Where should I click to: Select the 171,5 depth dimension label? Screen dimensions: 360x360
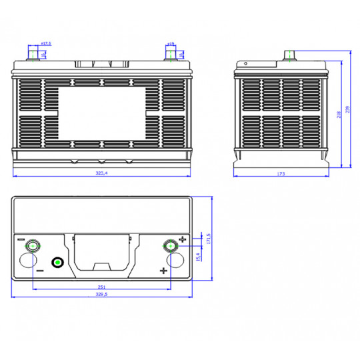click(x=209, y=239)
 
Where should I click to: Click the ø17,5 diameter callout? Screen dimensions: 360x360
click(x=45, y=43)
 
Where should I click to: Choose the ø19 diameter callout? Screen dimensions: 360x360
click(x=171, y=43)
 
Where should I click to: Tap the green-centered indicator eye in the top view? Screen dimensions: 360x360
click(x=58, y=263)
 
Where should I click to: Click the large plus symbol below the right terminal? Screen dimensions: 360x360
click(x=163, y=270)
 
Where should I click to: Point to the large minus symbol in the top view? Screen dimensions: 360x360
click(x=39, y=271)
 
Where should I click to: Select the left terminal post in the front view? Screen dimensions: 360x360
click(x=33, y=54)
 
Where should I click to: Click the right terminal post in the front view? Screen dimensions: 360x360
click(x=171, y=54)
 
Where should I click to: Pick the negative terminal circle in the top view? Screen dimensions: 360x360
click(x=32, y=246)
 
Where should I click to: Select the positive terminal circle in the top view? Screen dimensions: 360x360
click(x=171, y=246)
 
